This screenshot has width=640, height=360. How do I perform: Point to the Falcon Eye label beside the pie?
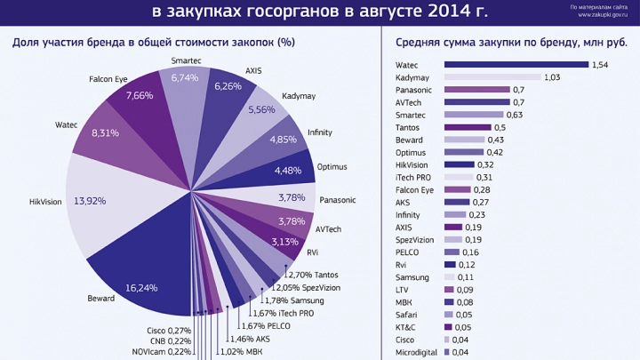tap(108, 79)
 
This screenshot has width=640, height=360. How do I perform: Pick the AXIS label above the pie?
tap(252, 70)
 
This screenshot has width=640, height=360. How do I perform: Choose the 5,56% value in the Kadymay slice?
tap(261, 110)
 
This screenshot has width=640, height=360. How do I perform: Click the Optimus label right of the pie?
tap(332, 166)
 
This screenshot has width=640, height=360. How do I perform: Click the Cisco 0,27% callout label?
tap(168, 330)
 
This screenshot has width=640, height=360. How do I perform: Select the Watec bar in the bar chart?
tap(515, 65)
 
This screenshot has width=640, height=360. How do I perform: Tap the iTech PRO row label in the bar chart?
tap(415, 177)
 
